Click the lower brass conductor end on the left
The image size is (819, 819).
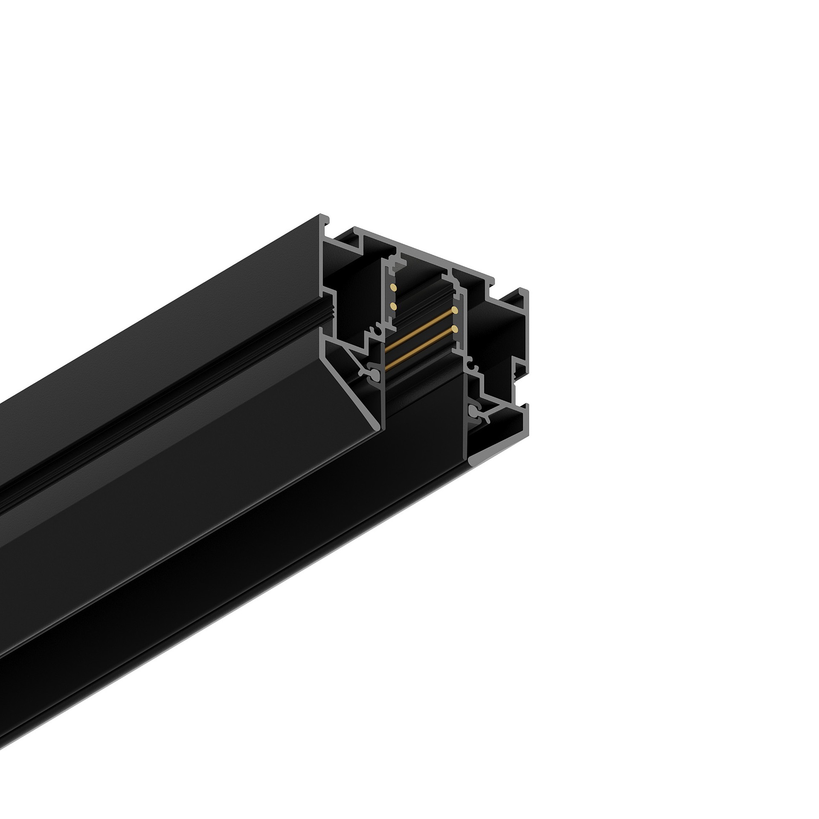click(x=393, y=306)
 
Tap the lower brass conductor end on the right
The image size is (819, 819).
click(x=455, y=328)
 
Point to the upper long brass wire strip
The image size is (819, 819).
click(x=420, y=328)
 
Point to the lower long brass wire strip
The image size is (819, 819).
click(x=420, y=346)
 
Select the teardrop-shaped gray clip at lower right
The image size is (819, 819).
click(x=473, y=411)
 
